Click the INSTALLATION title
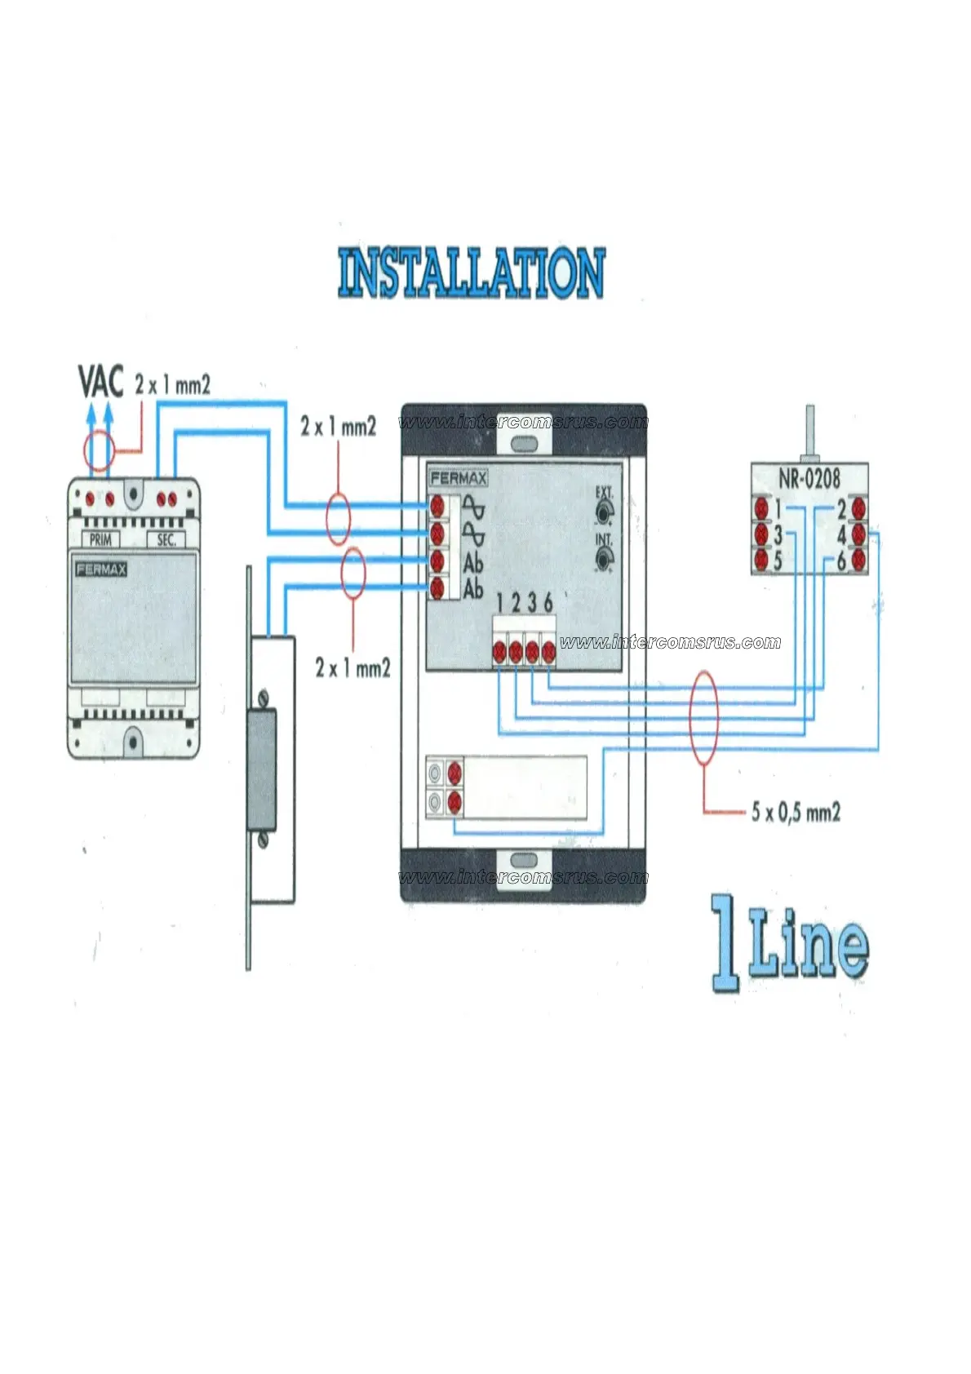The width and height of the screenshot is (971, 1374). point(472,273)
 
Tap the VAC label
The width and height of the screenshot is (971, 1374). point(100,382)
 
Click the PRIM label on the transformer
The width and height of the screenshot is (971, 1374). point(100,539)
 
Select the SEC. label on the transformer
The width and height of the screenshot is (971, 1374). point(166,539)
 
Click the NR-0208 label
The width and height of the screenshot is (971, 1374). point(809,477)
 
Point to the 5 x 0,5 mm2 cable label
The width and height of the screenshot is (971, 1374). point(796,812)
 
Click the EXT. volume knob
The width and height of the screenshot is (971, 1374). point(604,512)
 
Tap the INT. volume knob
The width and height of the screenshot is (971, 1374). point(604,559)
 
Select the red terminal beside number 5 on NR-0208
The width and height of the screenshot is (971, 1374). point(761,560)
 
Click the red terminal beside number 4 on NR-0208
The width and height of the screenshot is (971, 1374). point(858,534)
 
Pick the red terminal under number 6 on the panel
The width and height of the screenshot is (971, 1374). point(548,651)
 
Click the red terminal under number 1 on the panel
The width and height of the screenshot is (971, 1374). point(499,651)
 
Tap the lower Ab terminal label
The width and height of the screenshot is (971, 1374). point(473,588)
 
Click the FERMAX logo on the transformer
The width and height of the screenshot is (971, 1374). point(101,569)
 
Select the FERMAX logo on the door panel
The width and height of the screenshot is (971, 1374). point(458,478)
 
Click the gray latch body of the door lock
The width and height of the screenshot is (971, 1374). point(261,769)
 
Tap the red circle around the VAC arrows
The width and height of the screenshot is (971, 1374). point(99,451)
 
